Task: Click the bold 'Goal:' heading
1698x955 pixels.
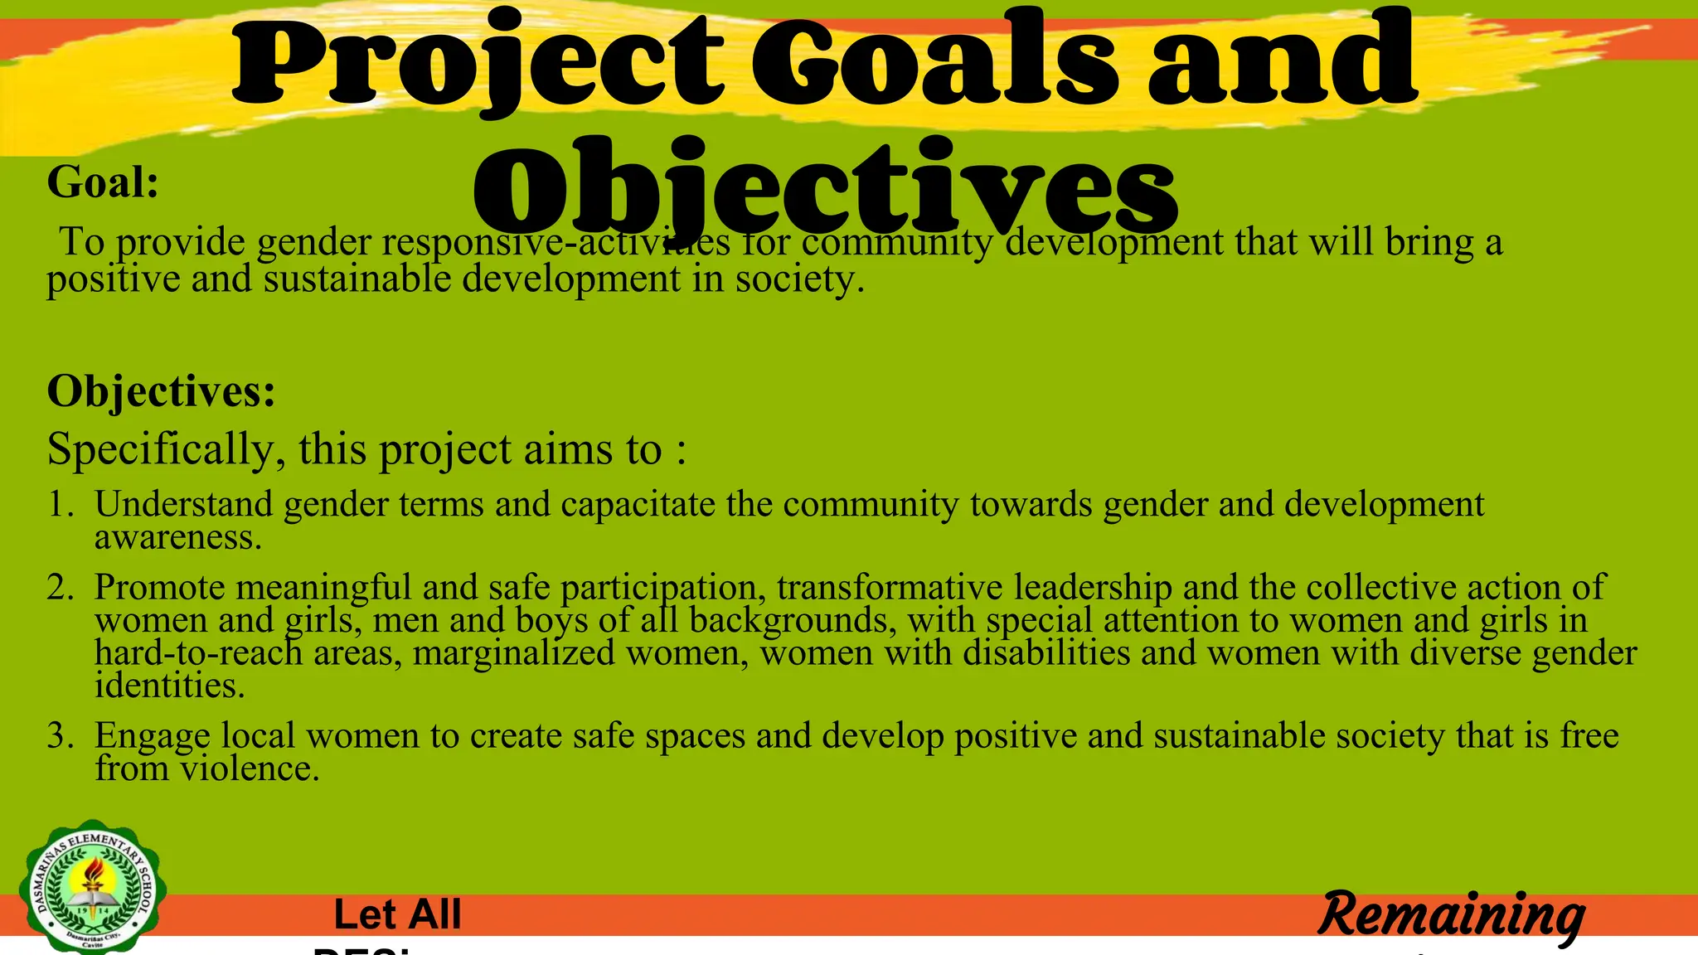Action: (103, 182)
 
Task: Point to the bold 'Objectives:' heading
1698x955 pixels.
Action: (161, 390)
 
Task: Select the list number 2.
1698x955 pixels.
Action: (60, 587)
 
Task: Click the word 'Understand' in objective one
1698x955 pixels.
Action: (183, 504)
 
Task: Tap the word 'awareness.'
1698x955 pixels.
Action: (178, 537)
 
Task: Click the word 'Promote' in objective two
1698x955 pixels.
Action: (159, 587)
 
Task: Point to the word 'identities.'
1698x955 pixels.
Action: (170, 686)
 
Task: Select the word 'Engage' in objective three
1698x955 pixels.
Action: (152, 736)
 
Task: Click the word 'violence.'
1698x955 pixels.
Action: (250, 768)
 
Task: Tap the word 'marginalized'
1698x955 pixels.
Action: (513, 653)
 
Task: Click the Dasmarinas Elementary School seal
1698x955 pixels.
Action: (93, 887)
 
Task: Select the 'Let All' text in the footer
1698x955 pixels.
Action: (397, 914)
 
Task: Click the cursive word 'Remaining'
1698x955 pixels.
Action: (1451, 915)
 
